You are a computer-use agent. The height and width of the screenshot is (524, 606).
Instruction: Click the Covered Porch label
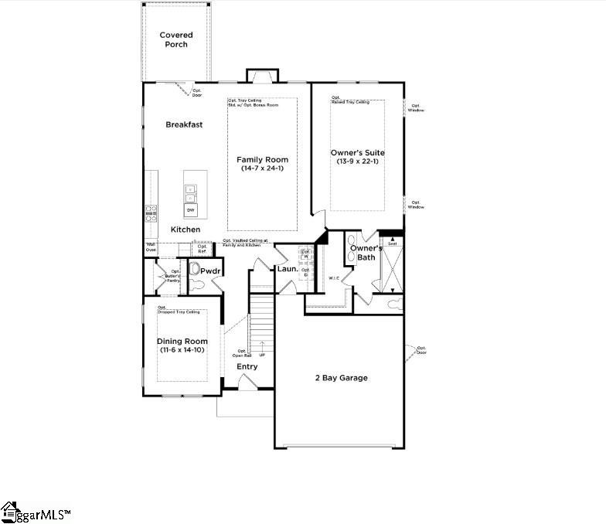click(x=176, y=39)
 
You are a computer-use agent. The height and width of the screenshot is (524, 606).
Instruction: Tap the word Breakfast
click(x=184, y=124)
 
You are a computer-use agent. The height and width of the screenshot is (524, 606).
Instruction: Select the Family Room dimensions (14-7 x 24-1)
click(x=262, y=168)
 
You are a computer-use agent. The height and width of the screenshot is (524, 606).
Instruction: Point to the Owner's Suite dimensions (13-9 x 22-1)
click(x=357, y=161)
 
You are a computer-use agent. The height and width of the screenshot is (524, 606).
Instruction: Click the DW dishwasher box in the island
click(x=190, y=210)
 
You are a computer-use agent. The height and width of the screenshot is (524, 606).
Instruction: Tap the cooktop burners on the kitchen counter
click(x=151, y=213)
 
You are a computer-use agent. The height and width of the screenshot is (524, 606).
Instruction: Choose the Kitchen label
click(x=186, y=230)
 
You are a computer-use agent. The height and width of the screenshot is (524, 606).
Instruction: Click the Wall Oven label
click(x=151, y=247)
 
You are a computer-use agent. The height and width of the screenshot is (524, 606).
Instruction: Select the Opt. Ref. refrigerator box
click(x=203, y=248)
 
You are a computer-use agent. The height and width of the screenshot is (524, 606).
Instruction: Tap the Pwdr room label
click(x=210, y=271)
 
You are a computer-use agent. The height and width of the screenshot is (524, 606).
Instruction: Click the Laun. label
click(x=288, y=269)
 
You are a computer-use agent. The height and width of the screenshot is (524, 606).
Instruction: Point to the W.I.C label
click(x=334, y=278)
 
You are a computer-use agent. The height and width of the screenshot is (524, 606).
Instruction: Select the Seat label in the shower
click(x=392, y=243)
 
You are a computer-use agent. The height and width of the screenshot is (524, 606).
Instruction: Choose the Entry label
click(x=247, y=366)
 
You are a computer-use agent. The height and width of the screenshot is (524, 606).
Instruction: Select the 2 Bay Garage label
click(x=341, y=378)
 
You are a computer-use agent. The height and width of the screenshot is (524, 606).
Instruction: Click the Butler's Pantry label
click(x=171, y=277)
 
